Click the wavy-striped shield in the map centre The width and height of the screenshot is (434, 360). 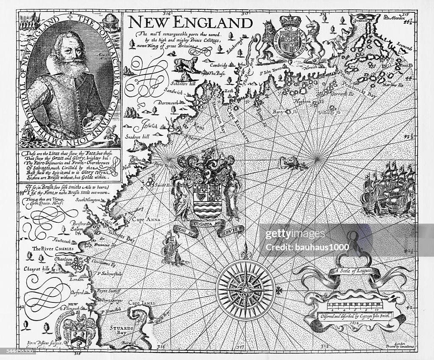click(x=206, y=199)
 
